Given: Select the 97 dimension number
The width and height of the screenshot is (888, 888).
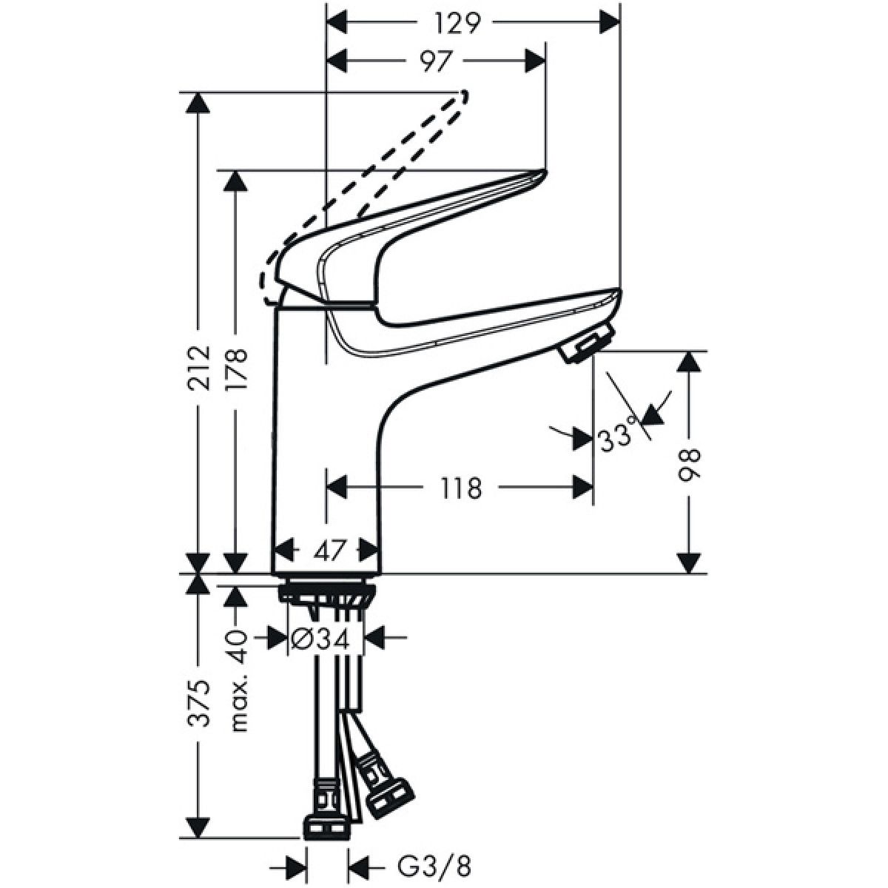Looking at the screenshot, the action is click(435, 61).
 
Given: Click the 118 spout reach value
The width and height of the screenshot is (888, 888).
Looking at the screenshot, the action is click(461, 488).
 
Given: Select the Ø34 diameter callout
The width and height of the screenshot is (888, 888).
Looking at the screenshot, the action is click(321, 638).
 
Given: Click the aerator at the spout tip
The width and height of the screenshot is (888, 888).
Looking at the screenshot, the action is click(585, 343).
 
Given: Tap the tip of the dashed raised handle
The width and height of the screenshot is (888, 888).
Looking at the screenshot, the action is click(463, 96).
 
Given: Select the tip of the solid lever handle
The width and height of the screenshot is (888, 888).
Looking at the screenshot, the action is click(544, 174).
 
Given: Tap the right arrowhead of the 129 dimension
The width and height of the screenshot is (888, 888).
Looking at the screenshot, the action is click(609, 22).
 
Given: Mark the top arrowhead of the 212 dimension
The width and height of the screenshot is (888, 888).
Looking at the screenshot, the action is click(198, 103).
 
